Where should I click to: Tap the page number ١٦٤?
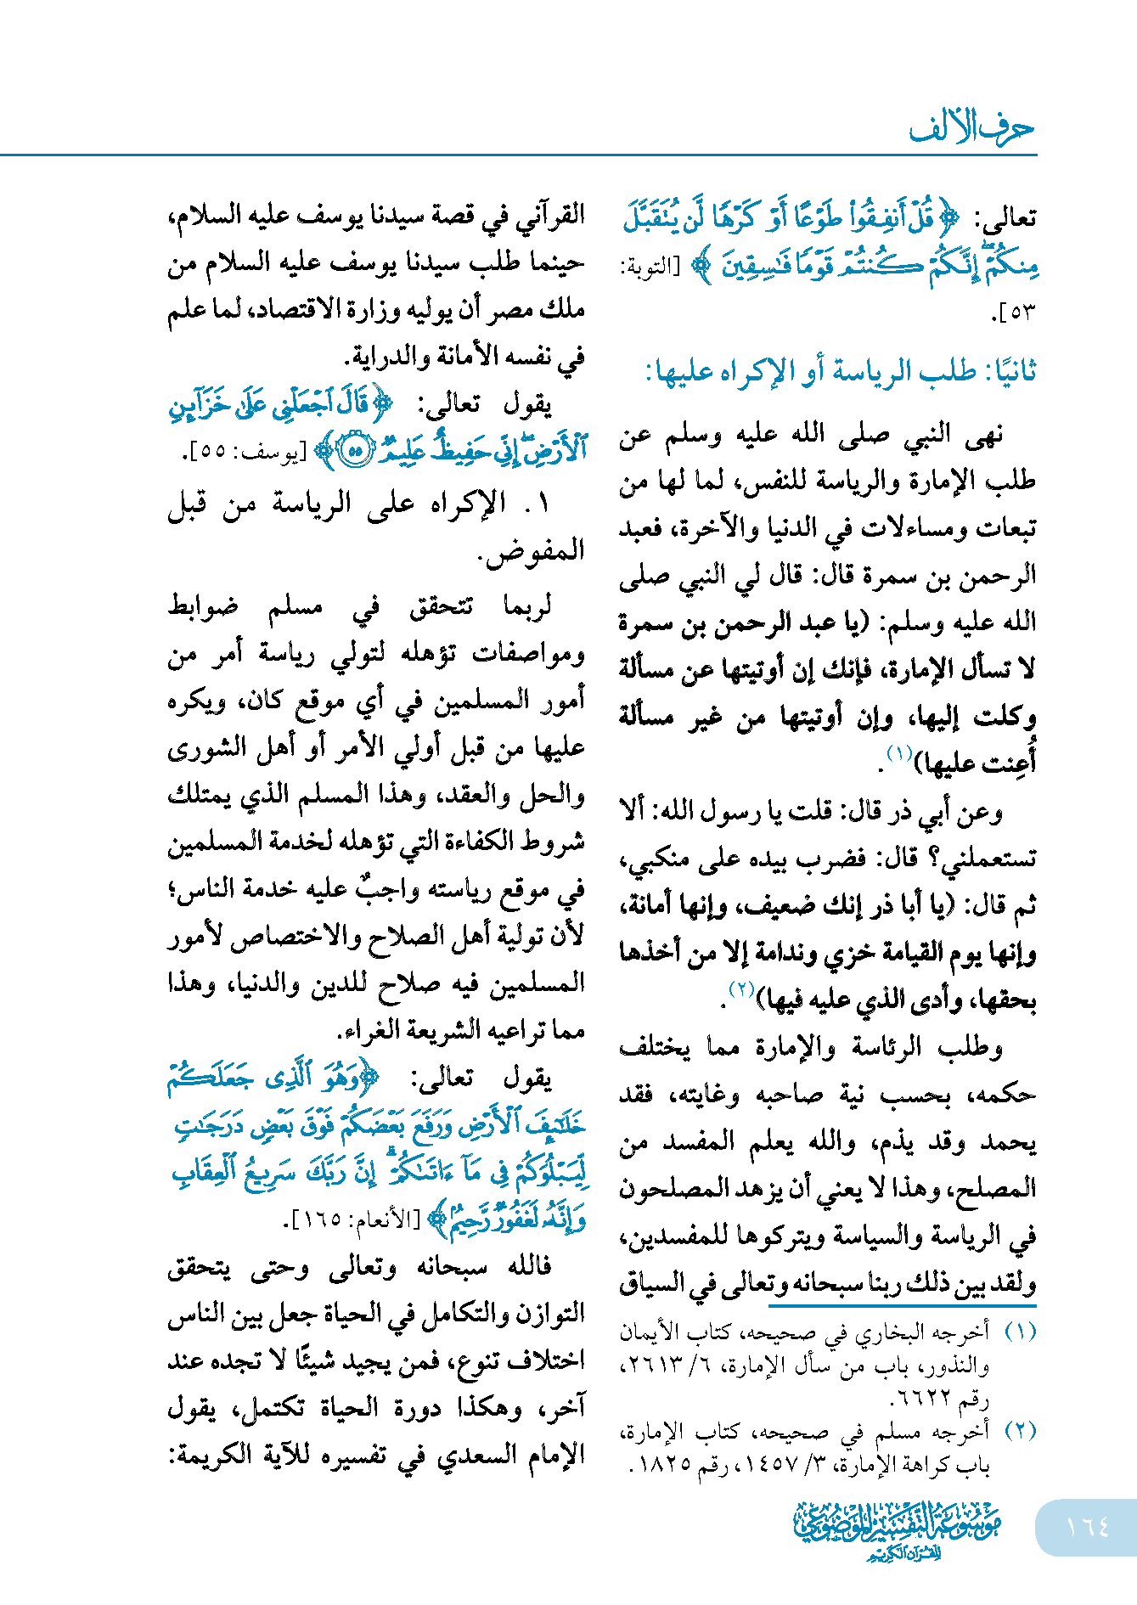(1087, 1527)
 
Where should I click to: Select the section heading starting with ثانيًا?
(841, 372)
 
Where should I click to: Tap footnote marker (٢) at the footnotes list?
(1020, 1431)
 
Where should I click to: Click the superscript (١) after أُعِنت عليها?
(899, 753)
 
